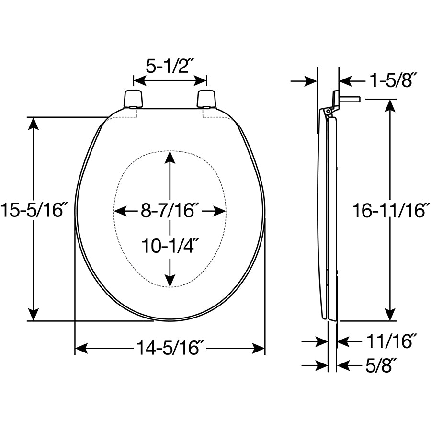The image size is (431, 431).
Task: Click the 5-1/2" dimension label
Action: click(x=170, y=66)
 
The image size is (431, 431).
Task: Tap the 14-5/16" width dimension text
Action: click(x=170, y=348)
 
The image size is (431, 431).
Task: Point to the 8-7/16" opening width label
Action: click(x=170, y=211)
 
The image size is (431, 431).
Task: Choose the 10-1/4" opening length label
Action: click(x=170, y=246)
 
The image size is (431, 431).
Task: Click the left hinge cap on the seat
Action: click(x=133, y=98)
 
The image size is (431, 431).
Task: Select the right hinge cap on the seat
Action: click(x=206, y=98)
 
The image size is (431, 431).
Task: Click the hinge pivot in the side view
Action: click(x=328, y=111)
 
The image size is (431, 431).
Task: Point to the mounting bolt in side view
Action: click(x=349, y=99)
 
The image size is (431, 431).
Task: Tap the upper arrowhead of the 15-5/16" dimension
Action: click(x=33, y=123)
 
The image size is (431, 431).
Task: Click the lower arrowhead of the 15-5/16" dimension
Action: click(x=33, y=315)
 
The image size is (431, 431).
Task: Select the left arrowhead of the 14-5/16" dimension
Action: click(x=81, y=348)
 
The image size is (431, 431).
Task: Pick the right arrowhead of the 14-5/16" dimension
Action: click(x=259, y=348)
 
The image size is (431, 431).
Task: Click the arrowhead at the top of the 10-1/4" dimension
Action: click(x=170, y=158)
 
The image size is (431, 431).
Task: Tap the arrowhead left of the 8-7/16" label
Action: click(x=120, y=211)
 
